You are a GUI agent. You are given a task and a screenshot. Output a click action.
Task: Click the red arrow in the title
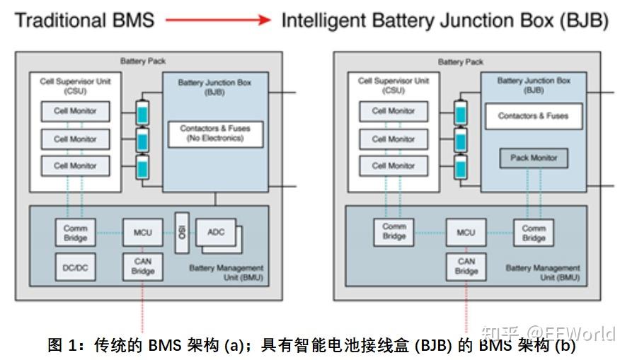tap(218, 21)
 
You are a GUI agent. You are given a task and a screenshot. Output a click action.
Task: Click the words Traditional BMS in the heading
tap(84, 21)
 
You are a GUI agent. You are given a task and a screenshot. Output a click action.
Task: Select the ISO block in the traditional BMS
tap(181, 231)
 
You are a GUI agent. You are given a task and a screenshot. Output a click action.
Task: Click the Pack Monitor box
tap(534, 158)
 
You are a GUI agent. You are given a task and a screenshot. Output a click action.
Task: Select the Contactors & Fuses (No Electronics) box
tap(215, 134)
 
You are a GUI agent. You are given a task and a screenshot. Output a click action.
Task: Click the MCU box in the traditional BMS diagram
tap(142, 232)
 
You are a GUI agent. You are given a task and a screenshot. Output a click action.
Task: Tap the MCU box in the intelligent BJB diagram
tap(466, 232)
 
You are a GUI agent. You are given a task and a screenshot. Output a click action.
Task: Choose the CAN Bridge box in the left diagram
tap(142, 267)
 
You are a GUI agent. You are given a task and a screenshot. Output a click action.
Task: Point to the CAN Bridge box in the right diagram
tap(466, 267)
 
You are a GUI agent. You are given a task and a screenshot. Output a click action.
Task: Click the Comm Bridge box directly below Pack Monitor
tap(534, 233)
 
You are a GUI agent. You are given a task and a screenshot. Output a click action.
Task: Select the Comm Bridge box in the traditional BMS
tap(75, 233)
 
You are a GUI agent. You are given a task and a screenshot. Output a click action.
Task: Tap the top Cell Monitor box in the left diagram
tap(75, 111)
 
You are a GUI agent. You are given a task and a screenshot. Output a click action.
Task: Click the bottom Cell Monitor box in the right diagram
tap(393, 166)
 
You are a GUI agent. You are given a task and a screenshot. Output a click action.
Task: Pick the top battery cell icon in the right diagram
tap(460, 113)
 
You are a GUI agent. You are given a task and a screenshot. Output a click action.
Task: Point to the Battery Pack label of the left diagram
tap(143, 62)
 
